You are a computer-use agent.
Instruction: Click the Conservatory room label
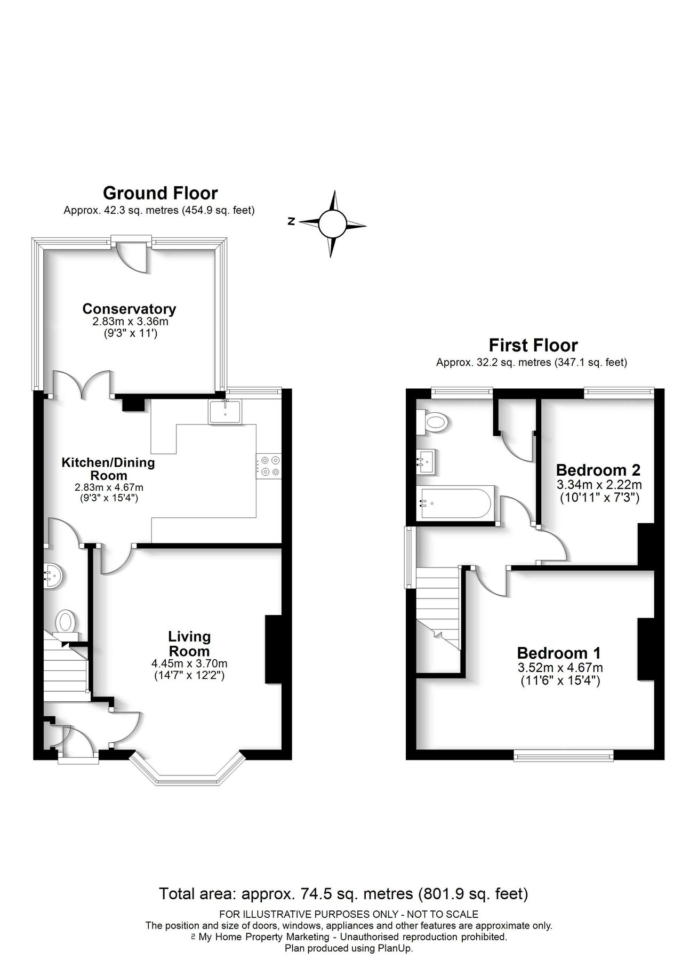[129, 309]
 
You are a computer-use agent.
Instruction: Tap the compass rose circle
[333, 224]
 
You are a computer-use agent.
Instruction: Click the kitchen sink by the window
[225, 412]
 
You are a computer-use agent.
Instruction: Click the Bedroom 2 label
[598, 470]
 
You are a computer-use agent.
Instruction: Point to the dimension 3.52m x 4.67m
[560, 667]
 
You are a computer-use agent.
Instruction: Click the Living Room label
[189, 643]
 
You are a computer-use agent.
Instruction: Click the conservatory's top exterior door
[132, 254]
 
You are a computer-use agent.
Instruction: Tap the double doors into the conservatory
[83, 384]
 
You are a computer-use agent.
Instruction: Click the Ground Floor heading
[160, 193]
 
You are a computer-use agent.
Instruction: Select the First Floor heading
[533, 345]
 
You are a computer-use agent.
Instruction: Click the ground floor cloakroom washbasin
[54, 576]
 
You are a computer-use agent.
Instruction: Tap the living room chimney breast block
[273, 649]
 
